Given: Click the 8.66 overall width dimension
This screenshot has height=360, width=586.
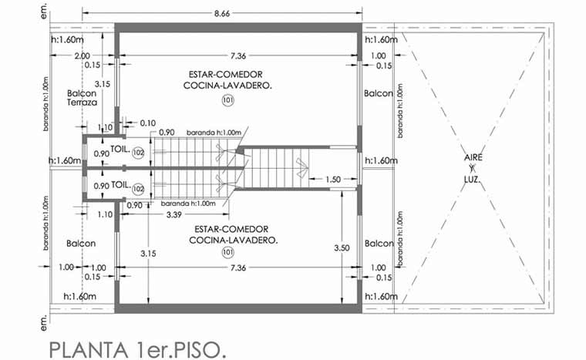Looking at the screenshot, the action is tap(222, 13).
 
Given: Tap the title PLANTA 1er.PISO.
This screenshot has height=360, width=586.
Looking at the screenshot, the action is tap(137, 350).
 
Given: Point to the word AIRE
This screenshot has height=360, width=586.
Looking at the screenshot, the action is tap(473, 157).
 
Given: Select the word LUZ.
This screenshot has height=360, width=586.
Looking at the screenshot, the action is tap(473, 180).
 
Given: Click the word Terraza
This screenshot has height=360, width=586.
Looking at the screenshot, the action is tap(82, 103).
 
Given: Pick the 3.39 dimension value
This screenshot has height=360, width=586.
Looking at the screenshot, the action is tap(173, 214).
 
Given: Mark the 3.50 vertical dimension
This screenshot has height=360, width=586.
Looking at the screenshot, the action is tap(342, 248).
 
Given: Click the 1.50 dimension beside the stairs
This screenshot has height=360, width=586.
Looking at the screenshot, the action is tap(333, 180).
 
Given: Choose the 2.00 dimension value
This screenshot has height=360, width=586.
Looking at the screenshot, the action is tap(82, 56).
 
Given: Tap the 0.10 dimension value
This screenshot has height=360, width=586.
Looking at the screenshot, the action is tap(148, 123).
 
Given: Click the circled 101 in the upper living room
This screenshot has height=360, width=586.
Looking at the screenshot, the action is tap(227, 100).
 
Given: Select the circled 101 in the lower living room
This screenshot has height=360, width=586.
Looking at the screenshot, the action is tap(228, 252).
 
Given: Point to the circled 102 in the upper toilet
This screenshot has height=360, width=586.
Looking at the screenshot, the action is tap(138, 153).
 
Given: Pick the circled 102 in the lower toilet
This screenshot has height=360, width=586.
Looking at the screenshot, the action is tap(138, 189).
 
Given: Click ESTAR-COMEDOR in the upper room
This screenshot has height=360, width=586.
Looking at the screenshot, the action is tap(225, 75).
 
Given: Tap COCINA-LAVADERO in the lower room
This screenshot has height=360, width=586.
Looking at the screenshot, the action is tap(233, 240).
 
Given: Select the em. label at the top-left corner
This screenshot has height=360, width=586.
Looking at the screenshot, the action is tap(44, 12).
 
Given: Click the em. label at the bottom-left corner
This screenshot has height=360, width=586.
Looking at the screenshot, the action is tap(44, 322).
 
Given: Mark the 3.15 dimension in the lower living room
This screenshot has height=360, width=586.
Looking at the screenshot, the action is tap(148, 254).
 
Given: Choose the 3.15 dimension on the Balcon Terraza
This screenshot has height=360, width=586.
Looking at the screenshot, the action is tap(102, 84).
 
